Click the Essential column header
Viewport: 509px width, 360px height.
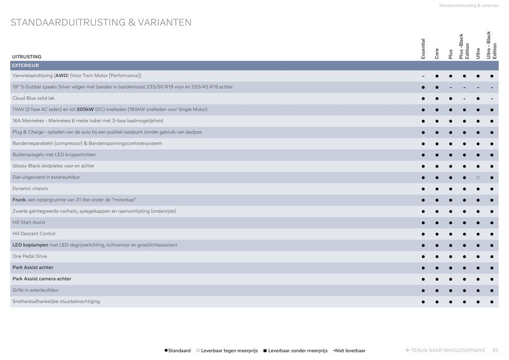coord(423,48)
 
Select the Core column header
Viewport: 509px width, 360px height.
coord(437,53)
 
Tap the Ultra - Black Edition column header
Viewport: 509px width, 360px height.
coord(492,46)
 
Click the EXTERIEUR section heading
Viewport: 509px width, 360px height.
coord(26,66)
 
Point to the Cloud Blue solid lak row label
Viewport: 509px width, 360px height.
coord(33,98)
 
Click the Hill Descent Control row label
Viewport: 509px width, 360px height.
coord(34,234)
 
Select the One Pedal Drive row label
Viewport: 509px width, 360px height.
coord(29,256)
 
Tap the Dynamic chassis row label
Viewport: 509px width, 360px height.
coord(30,189)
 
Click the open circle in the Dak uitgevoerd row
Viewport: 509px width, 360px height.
coord(478,177)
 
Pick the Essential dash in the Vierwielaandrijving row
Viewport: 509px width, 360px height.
coord(423,76)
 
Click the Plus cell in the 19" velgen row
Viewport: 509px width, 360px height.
coord(451,87)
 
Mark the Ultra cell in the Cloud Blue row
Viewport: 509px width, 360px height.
coord(478,99)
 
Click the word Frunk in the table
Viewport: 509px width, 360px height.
coord(19,200)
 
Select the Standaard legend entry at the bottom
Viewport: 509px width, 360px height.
coord(177,351)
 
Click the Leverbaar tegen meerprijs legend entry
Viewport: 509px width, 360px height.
coord(227,351)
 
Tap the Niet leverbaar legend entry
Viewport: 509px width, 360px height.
coord(350,351)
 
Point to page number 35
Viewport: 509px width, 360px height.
coord(495,350)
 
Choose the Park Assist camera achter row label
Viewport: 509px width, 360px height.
coord(42,279)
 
